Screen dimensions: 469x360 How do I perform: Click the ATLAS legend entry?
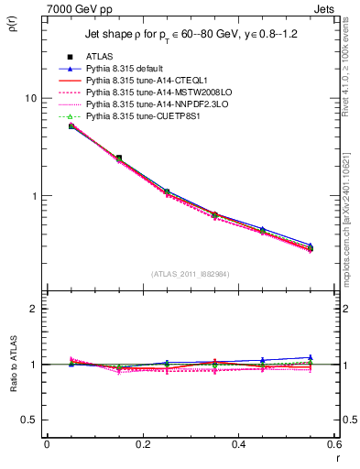tap(100, 57)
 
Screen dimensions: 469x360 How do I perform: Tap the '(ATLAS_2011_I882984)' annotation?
tap(190, 273)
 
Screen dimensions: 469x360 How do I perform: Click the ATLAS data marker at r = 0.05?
tap(71, 125)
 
